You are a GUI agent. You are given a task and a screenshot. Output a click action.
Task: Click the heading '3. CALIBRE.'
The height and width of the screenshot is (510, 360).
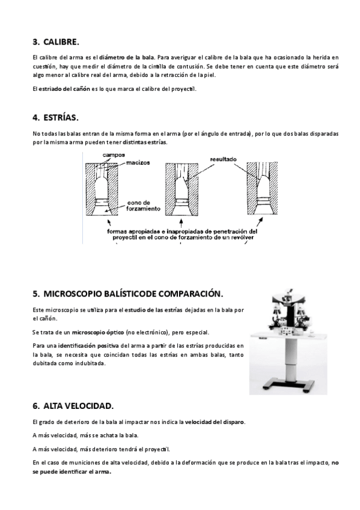point(56,42)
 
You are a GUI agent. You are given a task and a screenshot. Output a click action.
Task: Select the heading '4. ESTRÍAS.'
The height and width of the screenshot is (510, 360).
point(55,118)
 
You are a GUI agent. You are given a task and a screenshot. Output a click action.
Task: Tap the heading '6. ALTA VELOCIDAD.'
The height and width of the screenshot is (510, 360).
point(73,406)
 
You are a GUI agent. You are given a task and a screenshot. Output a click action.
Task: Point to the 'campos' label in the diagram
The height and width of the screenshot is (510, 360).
point(114,155)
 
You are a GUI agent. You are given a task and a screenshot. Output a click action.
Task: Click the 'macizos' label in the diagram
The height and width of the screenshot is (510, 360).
point(138,162)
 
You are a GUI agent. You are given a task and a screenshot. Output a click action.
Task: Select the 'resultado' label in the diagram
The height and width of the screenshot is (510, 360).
point(223,159)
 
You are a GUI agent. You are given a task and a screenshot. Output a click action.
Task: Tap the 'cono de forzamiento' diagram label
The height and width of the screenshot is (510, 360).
point(143,206)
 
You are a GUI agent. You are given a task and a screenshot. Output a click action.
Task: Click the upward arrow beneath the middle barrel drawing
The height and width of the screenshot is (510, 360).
point(181,224)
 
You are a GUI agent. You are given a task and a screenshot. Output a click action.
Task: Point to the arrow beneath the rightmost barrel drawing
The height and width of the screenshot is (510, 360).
point(260,222)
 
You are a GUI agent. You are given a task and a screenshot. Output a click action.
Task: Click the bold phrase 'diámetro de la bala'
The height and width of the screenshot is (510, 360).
point(127,58)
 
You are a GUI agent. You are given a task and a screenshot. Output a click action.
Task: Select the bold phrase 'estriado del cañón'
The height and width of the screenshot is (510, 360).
point(64,89)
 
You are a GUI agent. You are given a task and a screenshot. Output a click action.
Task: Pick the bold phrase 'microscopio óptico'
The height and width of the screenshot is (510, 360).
point(98,333)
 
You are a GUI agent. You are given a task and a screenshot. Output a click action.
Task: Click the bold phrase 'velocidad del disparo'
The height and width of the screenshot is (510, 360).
point(215,422)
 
